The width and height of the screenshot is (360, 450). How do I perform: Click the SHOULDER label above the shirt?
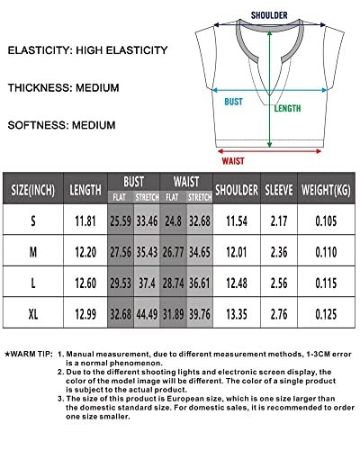coord(269,15)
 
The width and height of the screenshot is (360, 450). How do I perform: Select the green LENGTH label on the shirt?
coord(287,109)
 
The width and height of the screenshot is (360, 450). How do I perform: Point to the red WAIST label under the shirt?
coord(233,161)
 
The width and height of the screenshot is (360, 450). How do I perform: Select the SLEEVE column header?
coord(278,190)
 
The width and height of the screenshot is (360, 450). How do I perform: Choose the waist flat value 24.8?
coord(172,220)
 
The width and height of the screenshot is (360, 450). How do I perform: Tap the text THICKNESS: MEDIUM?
coord(61,87)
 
